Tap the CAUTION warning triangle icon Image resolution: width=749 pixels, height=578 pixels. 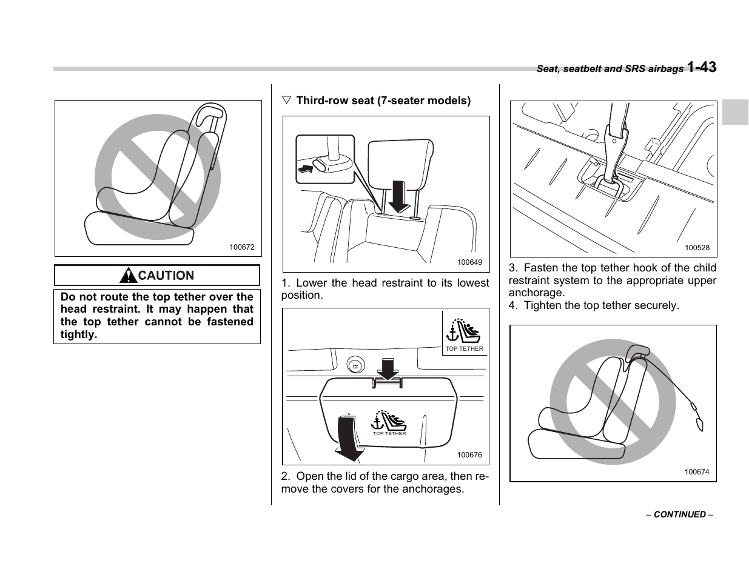128,276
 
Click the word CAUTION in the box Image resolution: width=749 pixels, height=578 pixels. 166,276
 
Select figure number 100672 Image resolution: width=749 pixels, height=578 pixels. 242,247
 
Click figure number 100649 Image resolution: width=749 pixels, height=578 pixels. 469,262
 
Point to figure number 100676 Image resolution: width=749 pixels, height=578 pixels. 469,455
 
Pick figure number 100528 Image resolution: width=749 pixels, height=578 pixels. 697,248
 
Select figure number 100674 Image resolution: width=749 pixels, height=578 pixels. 697,472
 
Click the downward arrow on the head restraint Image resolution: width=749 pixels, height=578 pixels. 399,195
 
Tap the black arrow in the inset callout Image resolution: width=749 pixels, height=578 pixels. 308,168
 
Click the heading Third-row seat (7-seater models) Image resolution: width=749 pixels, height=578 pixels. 383,101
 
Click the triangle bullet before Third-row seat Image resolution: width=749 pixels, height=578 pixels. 287,101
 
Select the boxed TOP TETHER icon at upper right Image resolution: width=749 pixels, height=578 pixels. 464,333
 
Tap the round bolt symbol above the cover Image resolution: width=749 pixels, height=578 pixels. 355,367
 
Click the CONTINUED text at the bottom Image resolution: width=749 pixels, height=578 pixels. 679,514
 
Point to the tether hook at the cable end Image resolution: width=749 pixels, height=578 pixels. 699,423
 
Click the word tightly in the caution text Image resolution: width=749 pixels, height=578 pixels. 79,334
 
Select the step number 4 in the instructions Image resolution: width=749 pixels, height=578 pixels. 512,305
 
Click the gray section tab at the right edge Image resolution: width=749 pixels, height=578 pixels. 735,111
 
